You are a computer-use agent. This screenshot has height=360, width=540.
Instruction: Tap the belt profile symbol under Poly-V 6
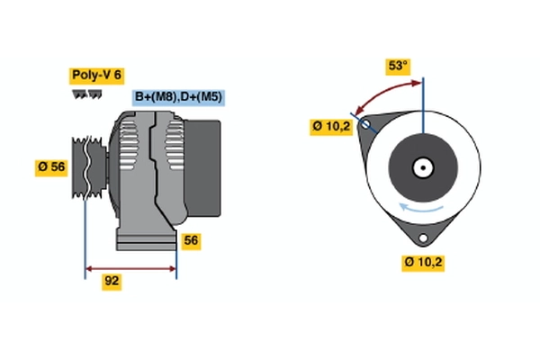tap(85, 93)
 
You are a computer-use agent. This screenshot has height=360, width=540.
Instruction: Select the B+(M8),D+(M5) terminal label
tap(179, 97)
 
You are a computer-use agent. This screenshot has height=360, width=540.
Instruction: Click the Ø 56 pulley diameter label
tap(51, 166)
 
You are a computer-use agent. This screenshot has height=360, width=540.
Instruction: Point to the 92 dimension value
tap(112, 282)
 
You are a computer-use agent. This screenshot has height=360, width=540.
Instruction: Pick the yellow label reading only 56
tap(191, 240)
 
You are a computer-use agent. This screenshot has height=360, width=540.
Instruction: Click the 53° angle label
tap(397, 66)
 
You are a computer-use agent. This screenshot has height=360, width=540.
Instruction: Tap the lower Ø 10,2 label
tap(424, 263)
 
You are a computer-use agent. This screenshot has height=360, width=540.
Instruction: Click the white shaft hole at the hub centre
tap(422, 167)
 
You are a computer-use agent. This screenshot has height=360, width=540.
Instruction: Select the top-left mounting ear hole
tap(365, 124)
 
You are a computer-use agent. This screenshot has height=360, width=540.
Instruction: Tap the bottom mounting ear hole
tap(422, 238)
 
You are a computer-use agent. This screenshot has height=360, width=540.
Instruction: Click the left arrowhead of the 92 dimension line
tap(89, 267)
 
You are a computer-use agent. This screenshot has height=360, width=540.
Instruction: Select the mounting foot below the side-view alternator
tap(146, 238)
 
